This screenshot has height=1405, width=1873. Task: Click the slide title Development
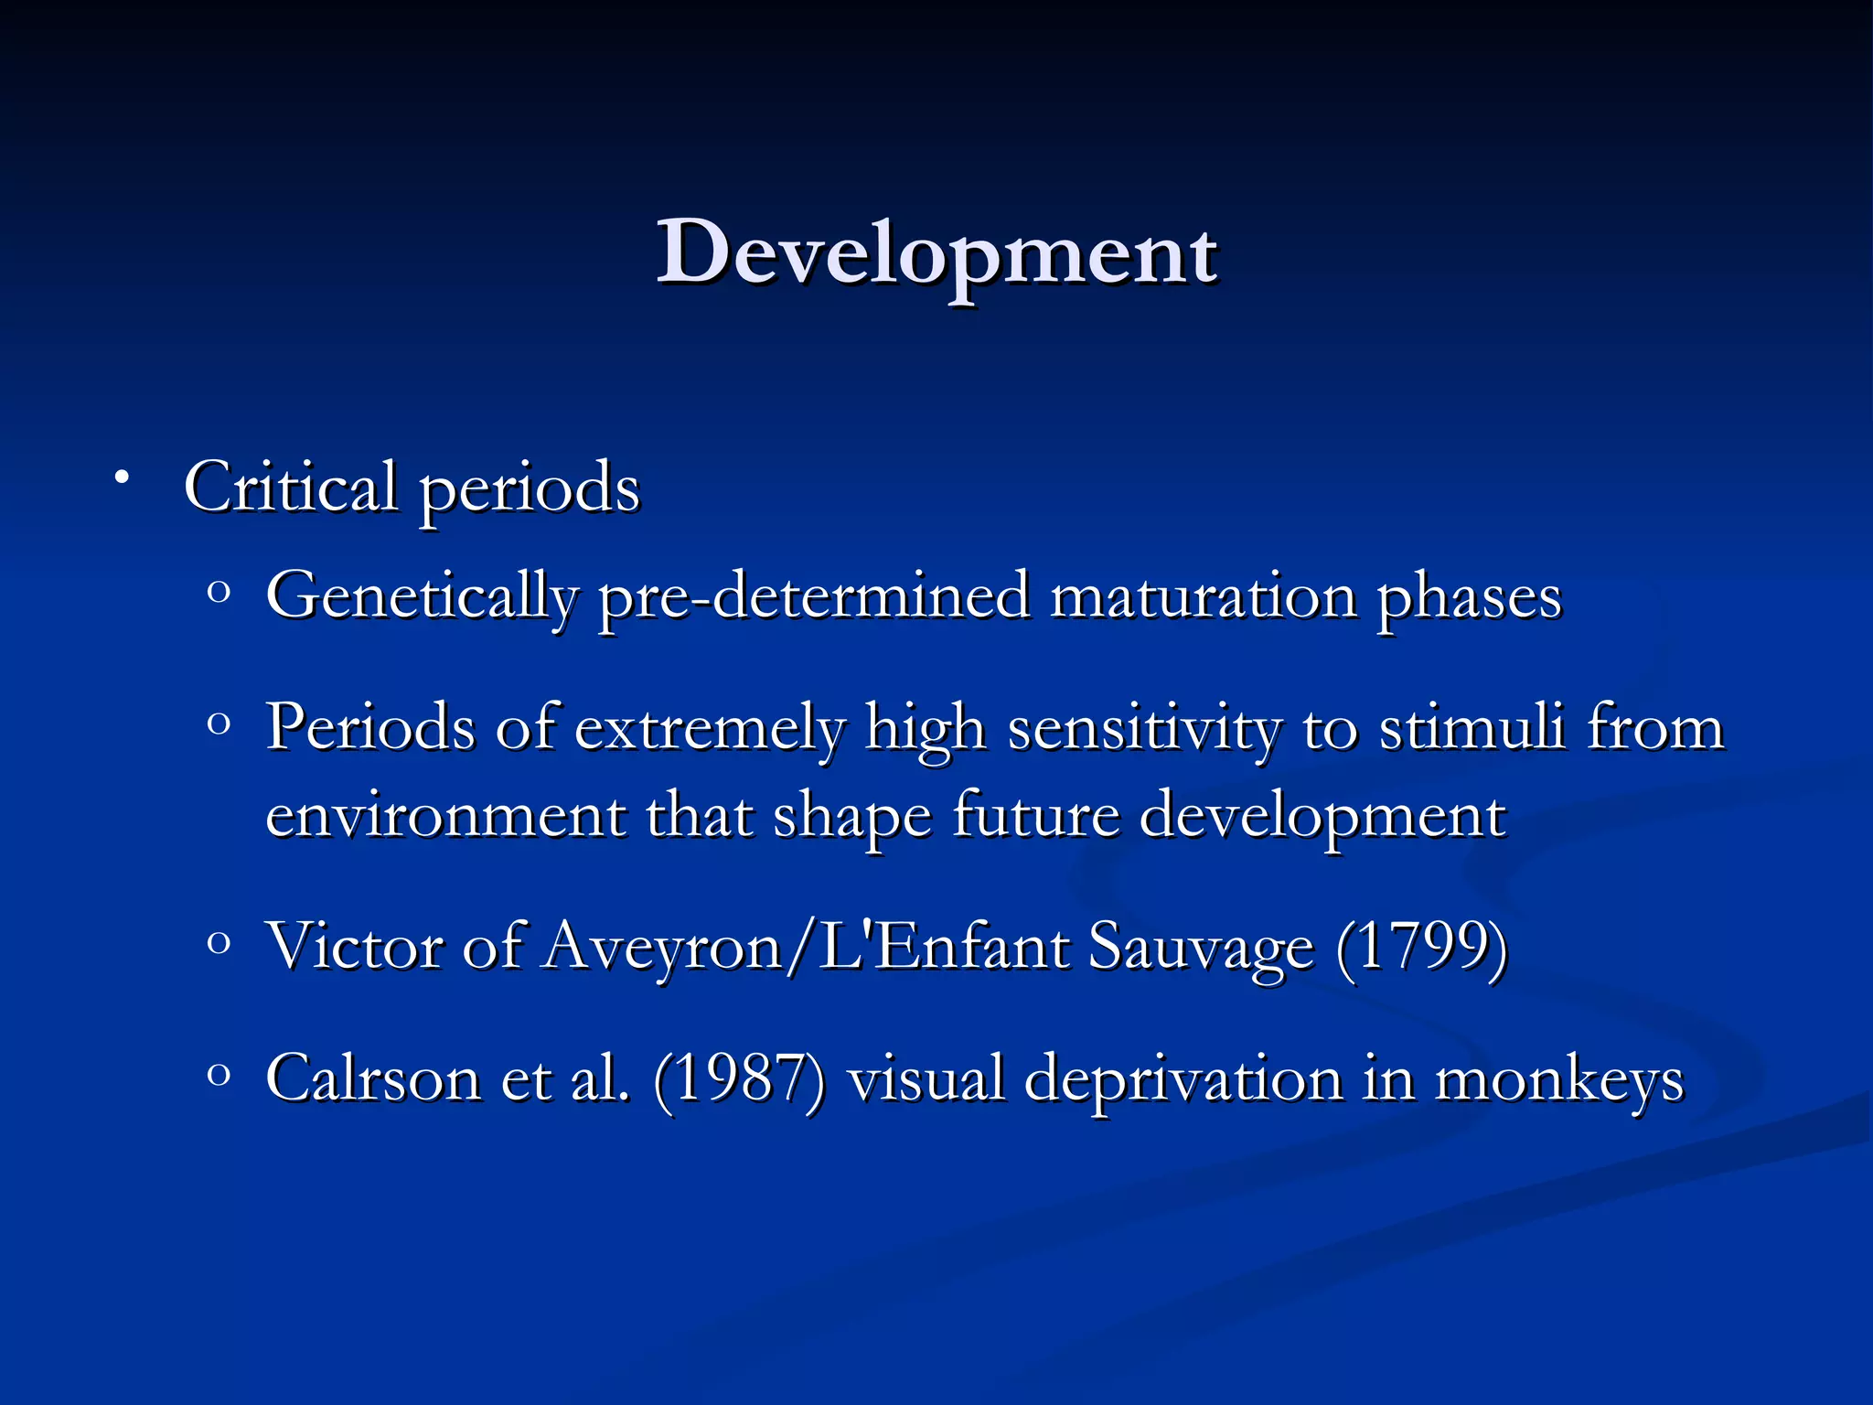pyautogui.click(x=936, y=253)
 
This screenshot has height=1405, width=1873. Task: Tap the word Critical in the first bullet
pyautogui.click(x=291, y=487)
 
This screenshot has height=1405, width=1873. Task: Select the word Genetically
pyautogui.click(x=422, y=596)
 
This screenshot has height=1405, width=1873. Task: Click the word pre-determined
pyautogui.click(x=814, y=596)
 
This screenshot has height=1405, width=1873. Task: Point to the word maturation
pyautogui.click(x=1203, y=596)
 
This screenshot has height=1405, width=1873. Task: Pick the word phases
pyautogui.click(x=1469, y=596)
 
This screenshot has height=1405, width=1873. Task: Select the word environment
pyautogui.click(x=445, y=815)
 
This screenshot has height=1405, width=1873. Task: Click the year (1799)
pyautogui.click(x=1421, y=946)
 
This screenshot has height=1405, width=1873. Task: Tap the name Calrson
pyautogui.click(x=373, y=1078)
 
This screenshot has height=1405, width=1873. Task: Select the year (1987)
pyautogui.click(x=739, y=1078)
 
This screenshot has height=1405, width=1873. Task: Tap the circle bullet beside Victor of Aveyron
pyautogui.click(x=218, y=943)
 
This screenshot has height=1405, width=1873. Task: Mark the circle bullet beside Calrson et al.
pyautogui.click(x=218, y=1074)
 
